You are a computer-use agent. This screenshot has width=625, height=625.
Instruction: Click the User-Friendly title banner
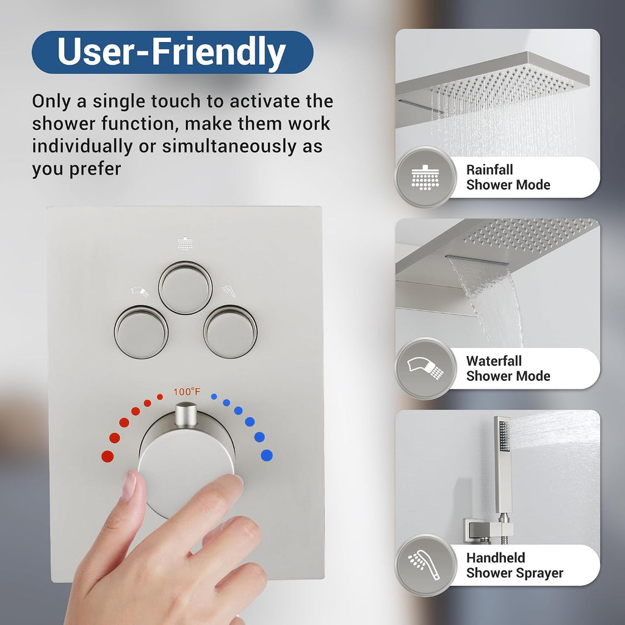click(172, 52)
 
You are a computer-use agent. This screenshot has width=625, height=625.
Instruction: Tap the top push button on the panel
click(186, 287)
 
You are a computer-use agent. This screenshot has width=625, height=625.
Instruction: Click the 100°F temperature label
click(187, 392)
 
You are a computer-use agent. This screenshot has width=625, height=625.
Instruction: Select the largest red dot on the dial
click(107, 456)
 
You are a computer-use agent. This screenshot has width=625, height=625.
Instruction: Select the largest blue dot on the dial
click(267, 455)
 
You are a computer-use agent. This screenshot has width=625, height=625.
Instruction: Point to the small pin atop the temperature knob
click(186, 415)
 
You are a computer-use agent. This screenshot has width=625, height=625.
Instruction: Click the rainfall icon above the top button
click(185, 244)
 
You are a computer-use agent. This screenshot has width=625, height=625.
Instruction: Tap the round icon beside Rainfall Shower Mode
click(425, 177)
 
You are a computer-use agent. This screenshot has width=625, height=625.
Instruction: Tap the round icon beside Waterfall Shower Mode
click(425, 368)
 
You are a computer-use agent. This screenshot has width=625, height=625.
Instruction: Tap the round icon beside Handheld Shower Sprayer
click(425, 565)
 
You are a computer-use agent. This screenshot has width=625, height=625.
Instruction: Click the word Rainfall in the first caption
click(490, 170)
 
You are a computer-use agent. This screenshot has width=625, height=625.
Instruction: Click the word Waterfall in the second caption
click(494, 361)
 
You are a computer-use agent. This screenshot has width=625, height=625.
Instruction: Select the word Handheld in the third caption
click(496, 558)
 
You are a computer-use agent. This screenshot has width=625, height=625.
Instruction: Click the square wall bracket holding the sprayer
click(488, 530)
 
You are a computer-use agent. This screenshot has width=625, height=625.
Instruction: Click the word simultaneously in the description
click(229, 146)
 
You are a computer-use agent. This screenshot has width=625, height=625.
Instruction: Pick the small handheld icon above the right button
click(229, 290)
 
